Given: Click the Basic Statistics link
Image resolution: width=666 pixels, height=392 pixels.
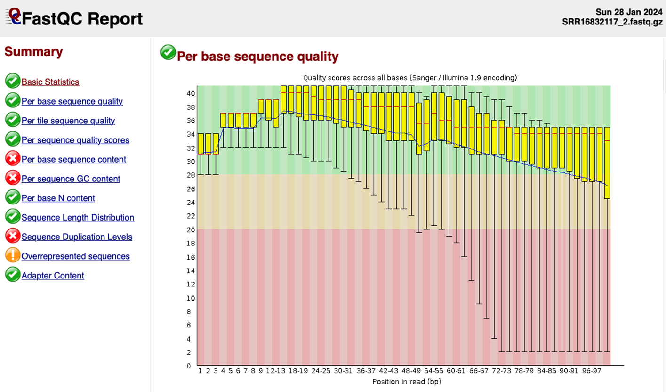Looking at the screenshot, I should tap(50, 82).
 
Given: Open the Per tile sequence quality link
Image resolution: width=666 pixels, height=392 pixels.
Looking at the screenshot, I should tap(68, 121).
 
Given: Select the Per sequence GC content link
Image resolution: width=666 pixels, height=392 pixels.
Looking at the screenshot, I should tap(71, 179).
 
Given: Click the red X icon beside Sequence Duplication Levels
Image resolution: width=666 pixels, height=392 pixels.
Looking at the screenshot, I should tap(13, 237).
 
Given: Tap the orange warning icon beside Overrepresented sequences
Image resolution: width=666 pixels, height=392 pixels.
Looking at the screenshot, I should tap(13, 256).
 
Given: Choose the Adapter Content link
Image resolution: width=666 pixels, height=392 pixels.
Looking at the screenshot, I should tap(53, 276).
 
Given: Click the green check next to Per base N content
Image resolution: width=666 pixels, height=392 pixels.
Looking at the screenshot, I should tap(13, 198).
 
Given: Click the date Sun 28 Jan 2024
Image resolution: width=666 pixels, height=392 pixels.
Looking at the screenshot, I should tap(629, 12).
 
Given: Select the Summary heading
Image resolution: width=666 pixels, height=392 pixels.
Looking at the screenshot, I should tap(33, 52).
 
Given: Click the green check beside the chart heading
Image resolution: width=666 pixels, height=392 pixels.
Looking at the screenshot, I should tap(168, 53).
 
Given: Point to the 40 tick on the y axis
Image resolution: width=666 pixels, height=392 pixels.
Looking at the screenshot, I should tap(191, 93).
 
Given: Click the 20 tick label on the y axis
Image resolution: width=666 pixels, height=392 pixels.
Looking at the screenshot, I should tap(191, 229).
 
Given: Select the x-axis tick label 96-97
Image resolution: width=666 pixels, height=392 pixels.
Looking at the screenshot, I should tap(591, 371).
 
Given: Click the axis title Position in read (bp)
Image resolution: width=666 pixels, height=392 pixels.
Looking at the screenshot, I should tap(407, 381).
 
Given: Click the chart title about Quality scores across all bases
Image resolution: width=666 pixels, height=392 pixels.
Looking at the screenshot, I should tap(409, 78).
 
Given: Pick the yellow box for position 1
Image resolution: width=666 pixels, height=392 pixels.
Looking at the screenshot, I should tap(201, 144).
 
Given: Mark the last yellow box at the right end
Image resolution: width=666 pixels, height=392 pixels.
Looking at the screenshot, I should tap(607, 163).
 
